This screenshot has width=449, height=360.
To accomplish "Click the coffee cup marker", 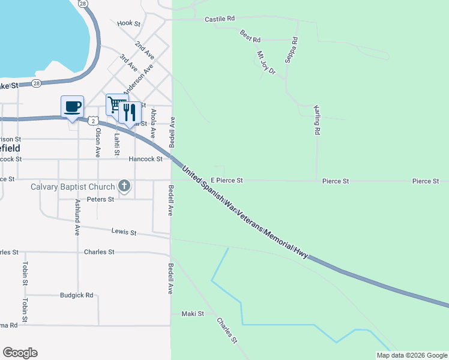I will pyautogui.click(x=72, y=107).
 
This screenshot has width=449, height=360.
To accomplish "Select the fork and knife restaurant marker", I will pyautogui.click(x=129, y=112).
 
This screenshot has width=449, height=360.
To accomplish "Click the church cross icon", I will pyautogui.click(x=124, y=186).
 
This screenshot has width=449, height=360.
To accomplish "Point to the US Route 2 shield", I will pyautogui.click(x=92, y=121).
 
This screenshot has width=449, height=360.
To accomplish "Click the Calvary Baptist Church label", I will pyautogui.click(x=72, y=187).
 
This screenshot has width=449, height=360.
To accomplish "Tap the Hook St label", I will pyautogui.click(x=128, y=23).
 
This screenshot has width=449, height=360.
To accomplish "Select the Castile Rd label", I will pyautogui.click(x=219, y=19).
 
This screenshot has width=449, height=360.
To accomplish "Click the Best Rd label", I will pyautogui.click(x=250, y=36).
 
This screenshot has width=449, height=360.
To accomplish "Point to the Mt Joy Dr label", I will pyautogui.click(x=265, y=62).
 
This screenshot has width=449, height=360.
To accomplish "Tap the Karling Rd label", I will pyautogui.click(x=316, y=119).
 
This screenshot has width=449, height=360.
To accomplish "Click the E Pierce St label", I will pyautogui.click(x=226, y=180).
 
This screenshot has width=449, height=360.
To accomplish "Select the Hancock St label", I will pyautogui.click(x=146, y=159).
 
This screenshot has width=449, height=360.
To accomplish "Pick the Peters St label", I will pyautogui.click(x=100, y=199).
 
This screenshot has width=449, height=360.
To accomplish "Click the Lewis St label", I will pyautogui.click(x=124, y=232).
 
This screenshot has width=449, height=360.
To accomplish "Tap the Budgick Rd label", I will pyautogui.click(x=77, y=295).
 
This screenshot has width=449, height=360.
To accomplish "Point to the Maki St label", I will pyautogui.click(x=193, y=314).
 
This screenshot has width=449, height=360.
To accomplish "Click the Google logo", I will pyautogui.click(x=20, y=353).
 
